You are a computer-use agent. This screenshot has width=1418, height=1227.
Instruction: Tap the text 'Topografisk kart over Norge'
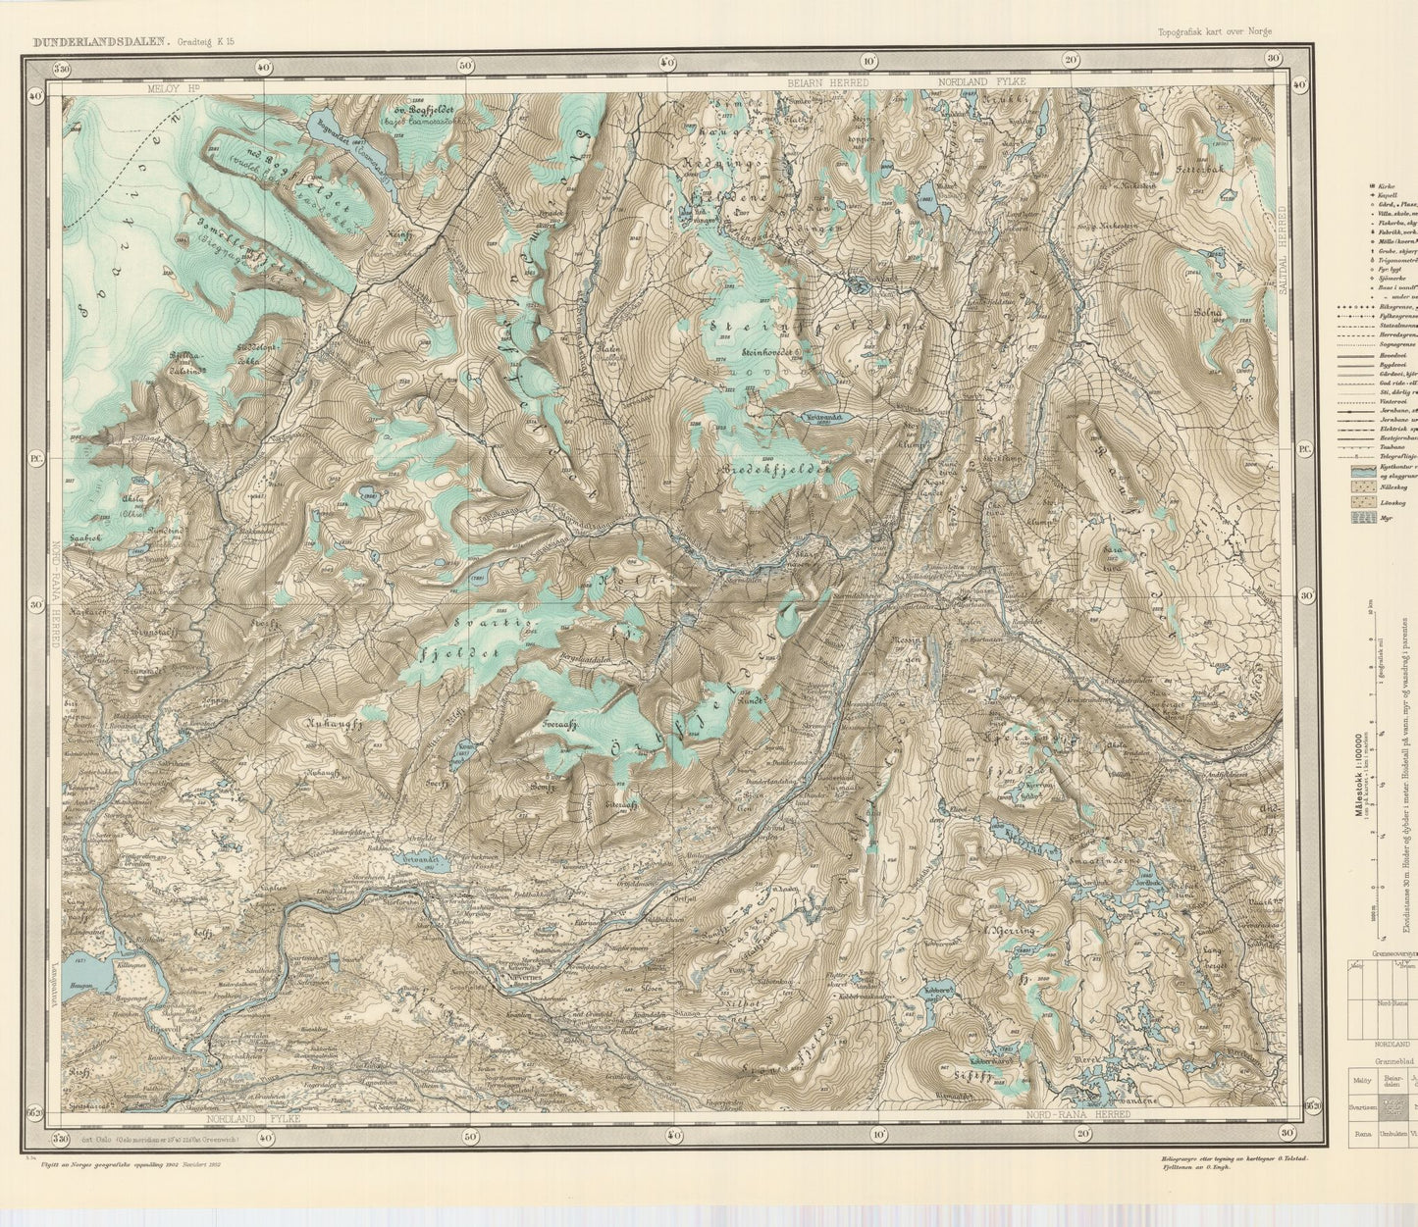[1215, 31]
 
